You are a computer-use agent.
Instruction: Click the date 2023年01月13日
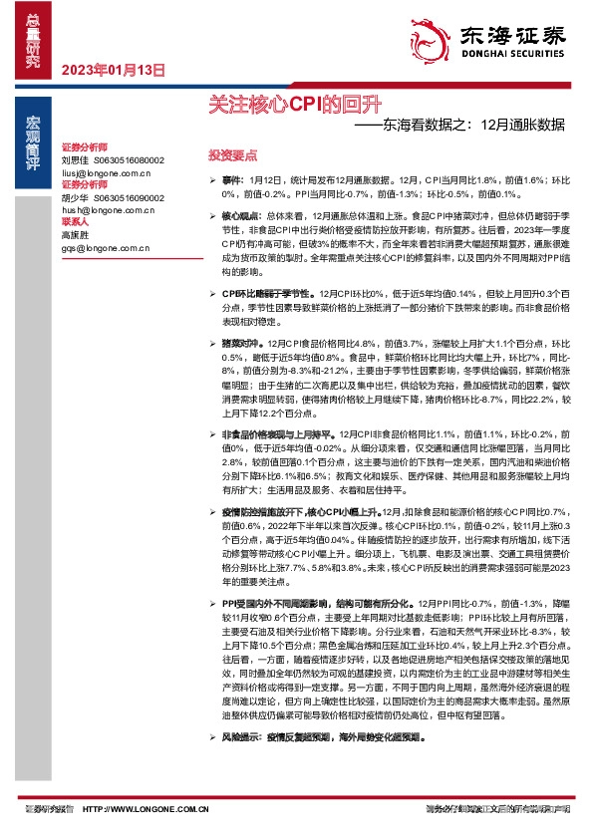tap(112, 70)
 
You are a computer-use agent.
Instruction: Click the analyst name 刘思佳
tap(75, 159)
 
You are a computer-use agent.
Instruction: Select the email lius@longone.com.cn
tap(108, 171)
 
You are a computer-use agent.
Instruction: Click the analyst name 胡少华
tap(75, 197)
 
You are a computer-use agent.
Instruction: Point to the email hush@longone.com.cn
tap(108, 210)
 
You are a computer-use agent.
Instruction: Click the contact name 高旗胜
tap(75, 235)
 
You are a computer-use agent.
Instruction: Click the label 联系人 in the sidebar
tap(76, 222)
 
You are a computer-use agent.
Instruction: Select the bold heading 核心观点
tap(239, 215)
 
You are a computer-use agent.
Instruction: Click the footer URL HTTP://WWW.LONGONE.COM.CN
tap(146, 811)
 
